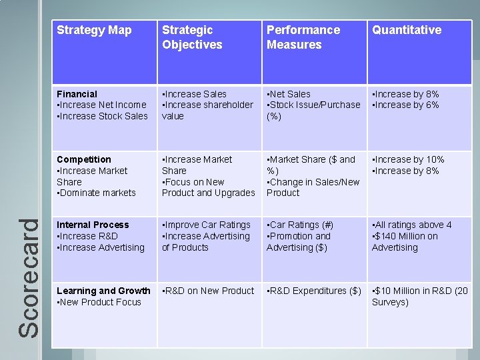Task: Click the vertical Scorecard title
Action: tap(27, 278)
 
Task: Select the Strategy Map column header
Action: tap(94, 30)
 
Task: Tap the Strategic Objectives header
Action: tap(192, 37)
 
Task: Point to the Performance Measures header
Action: tap(303, 37)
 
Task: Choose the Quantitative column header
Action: tap(406, 30)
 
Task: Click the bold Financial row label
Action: tap(77, 94)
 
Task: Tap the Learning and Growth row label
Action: tap(103, 291)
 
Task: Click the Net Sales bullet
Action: tap(289, 94)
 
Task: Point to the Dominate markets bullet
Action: tap(97, 193)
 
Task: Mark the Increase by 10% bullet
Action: tap(408, 159)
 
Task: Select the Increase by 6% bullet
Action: tap(405, 105)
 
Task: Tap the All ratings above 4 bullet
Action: tap(412, 225)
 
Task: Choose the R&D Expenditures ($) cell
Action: tap(313, 291)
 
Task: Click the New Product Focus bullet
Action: tap(99, 302)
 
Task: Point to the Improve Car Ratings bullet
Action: tap(207, 225)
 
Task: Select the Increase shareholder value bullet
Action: tap(207, 110)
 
